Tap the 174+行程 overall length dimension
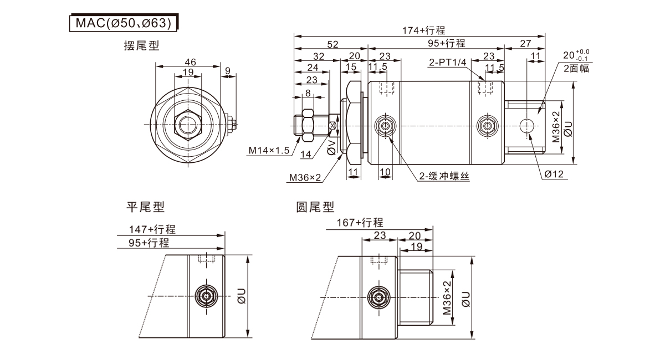pyautogui.click(x=423, y=30)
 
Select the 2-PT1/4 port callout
pyautogui.click(x=447, y=63)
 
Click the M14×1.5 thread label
pyautogui.click(x=269, y=150)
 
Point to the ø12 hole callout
pyautogui.click(x=554, y=174)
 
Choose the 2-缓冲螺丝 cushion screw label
pyautogui.click(x=444, y=176)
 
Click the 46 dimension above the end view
pyautogui.click(x=190, y=61)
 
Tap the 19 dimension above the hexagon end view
pyautogui.click(x=188, y=72)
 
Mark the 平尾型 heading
pyautogui.click(x=146, y=207)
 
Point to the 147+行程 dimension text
pyautogui.click(x=152, y=229)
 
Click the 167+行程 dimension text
pyautogui.click(x=360, y=223)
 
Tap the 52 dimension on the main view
pyautogui.click(x=332, y=44)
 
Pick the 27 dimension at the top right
pyautogui.click(x=525, y=44)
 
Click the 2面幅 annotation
pyautogui.click(x=576, y=69)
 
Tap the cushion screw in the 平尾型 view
pyautogui.click(x=207, y=296)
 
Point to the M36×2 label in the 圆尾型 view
pyautogui.click(x=447, y=297)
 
